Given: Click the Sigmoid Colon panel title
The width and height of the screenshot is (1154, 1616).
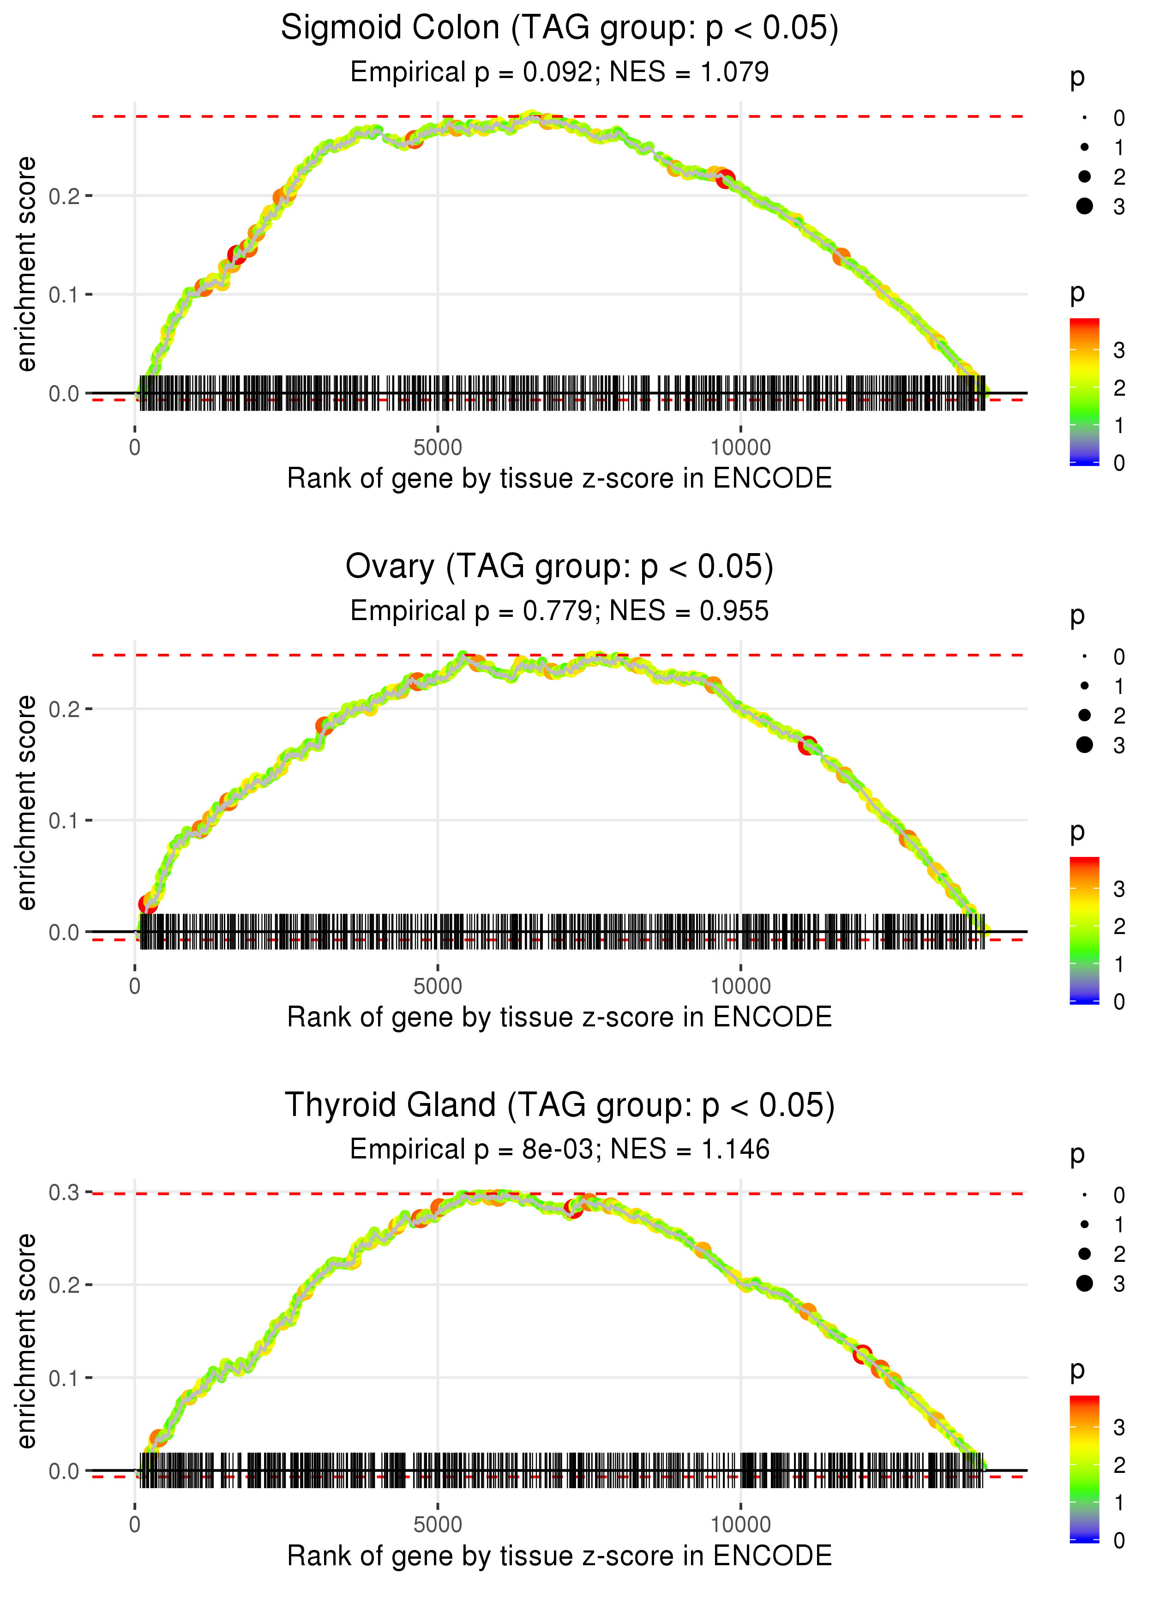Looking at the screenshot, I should tap(559, 29).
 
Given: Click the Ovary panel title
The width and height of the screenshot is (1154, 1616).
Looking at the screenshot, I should tap(559, 567).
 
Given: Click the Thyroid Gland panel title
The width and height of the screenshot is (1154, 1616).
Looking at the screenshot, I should tap(559, 1106).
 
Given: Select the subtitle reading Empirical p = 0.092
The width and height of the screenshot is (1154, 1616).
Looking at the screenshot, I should tap(559, 72).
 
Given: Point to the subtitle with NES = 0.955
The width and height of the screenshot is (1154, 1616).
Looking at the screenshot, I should tap(559, 611).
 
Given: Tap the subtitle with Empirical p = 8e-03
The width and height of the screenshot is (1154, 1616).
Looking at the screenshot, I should tap(559, 1150).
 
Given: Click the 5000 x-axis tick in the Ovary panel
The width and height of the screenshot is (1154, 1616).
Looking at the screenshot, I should tap(438, 986).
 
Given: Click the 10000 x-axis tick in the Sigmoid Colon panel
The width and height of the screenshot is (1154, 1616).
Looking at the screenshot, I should tap(740, 448).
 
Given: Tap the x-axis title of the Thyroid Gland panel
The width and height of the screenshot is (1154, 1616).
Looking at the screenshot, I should tap(559, 1556).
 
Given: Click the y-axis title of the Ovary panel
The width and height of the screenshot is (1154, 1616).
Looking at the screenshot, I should tap(27, 802).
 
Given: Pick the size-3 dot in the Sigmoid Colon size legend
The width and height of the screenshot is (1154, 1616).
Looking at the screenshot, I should tap(1084, 206).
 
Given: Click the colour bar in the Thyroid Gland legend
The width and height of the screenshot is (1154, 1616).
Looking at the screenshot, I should tap(1084, 1467).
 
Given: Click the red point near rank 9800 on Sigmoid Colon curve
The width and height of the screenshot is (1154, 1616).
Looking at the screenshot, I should tap(726, 179).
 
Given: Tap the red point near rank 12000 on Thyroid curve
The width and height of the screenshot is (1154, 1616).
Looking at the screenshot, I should tap(863, 1354).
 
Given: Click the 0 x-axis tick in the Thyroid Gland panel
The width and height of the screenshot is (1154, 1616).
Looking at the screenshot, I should tap(135, 1525).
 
